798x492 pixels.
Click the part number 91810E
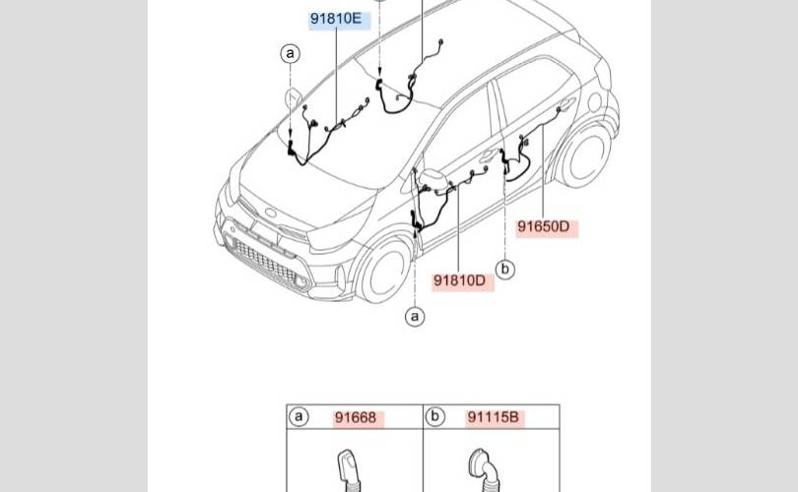click(x=336, y=19)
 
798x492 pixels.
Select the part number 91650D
click(x=544, y=226)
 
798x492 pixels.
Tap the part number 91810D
click(x=459, y=280)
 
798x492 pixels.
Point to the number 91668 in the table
click(x=356, y=418)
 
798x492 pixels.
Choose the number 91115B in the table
click(x=494, y=417)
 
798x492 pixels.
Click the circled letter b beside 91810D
click(x=504, y=269)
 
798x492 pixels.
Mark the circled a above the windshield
click(x=290, y=53)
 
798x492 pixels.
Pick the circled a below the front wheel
click(x=415, y=317)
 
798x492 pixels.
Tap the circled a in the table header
click(x=299, y=417)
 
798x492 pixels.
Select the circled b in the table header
click(x=435, y=417)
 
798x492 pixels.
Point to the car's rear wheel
click(x=585, y=156)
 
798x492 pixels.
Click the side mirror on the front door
click(x=432, y=178)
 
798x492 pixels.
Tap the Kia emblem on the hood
click(x=270, y=213)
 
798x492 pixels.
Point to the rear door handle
click(x=565, y=105)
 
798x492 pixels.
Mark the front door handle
click(x=488, y=154)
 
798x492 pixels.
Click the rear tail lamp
click(x=603, y=73)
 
